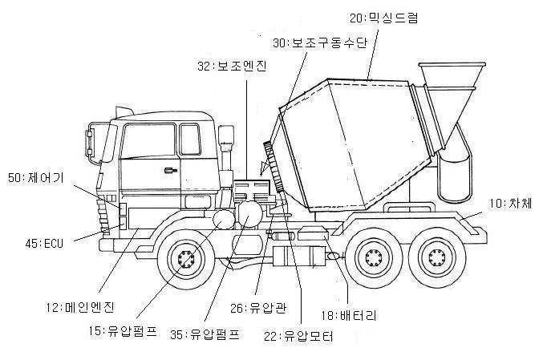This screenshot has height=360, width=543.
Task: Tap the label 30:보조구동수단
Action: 319,43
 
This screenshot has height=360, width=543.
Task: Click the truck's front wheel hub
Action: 188,261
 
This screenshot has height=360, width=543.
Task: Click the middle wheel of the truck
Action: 374,259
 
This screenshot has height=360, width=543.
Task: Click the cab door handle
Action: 171,170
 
